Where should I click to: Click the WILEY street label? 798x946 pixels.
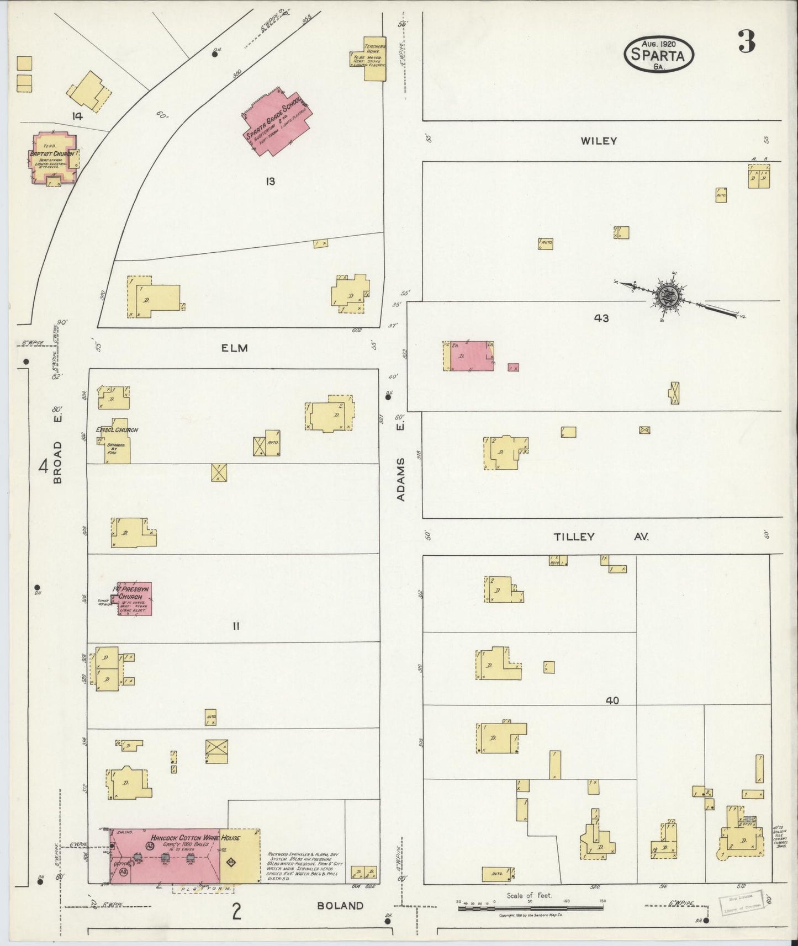[x=598, y=141]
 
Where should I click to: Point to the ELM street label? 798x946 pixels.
[x=235, y=348]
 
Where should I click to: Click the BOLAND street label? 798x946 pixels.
[x=340, y=906]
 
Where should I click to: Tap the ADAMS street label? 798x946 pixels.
[x=401, y=479]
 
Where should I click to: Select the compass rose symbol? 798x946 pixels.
[x=670, y=295]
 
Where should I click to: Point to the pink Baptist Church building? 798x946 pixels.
[x=52, y=158]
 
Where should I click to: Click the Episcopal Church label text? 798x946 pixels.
[x=117, y=430]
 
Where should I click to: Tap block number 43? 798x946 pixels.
[x=601, y=318]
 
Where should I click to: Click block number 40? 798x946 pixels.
[x=611, y=701]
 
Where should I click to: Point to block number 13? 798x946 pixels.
[x=269, y=181]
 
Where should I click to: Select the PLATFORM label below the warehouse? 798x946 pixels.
[x=203, y=889]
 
